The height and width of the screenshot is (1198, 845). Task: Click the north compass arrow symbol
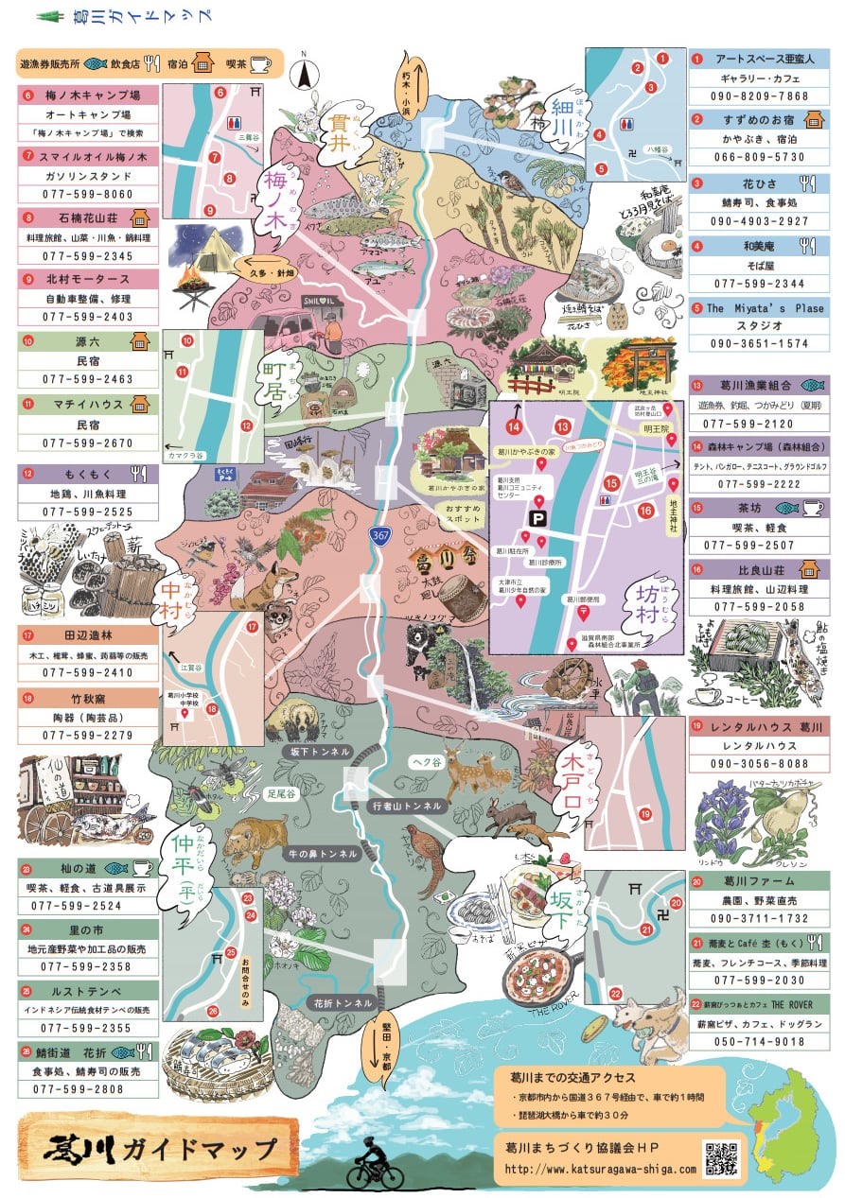coord(305,72)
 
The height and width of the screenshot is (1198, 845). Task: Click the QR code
coord(721,1158)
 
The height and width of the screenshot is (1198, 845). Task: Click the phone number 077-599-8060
coord(88,194)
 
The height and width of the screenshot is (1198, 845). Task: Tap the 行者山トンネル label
coord(407,806)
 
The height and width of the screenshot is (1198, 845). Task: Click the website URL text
coord(601,1170)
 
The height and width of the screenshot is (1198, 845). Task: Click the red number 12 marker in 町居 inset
coord(246,426)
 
